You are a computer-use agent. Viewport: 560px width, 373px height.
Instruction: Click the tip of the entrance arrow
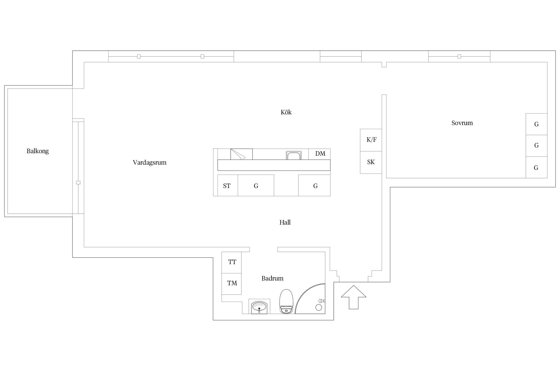point(353,286)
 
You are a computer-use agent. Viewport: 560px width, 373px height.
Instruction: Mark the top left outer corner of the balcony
point(4,85)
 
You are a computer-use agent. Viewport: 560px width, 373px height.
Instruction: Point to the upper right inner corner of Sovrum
point(547,62)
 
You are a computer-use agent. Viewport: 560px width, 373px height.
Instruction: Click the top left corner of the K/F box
point(360,129)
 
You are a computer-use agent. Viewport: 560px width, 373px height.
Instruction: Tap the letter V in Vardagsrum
point(135,162)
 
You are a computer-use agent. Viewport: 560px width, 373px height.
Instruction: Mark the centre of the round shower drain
point(319,307)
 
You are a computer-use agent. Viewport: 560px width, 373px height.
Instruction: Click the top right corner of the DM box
point(330,149)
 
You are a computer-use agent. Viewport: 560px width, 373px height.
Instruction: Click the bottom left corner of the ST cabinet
point(218,196)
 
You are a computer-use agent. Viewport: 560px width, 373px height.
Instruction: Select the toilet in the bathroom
point(286,301)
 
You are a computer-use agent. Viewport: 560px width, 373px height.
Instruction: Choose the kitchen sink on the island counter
point(294,155)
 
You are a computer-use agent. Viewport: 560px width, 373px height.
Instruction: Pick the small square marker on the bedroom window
point(459,56)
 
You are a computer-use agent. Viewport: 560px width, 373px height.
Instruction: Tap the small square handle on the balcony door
point(78,183)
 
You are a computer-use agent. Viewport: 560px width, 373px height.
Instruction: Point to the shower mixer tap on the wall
point(322,300)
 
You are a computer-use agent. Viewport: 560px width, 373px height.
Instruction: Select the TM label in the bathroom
point(232,283)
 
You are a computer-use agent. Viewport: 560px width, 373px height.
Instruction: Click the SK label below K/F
point(371,162)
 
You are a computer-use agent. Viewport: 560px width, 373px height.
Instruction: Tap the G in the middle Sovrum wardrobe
point(536,145)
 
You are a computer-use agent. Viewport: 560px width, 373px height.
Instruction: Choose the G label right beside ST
point(256,186)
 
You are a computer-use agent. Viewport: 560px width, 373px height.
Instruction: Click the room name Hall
point(285,222)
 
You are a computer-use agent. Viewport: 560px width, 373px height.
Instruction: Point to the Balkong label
point(38,151)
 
